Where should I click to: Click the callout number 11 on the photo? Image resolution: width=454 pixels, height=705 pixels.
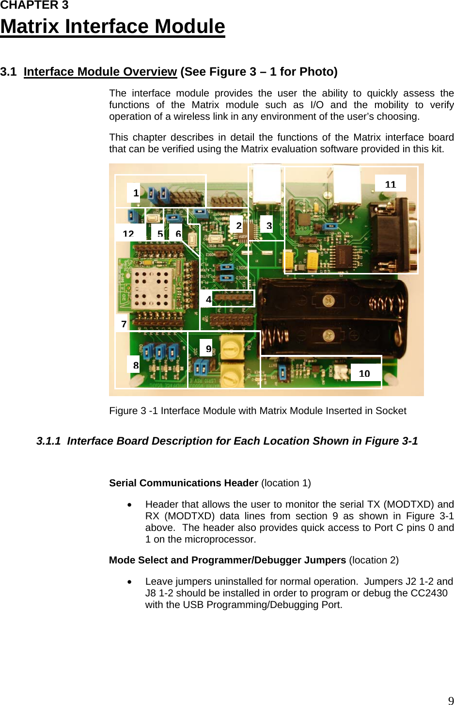coord(391,184)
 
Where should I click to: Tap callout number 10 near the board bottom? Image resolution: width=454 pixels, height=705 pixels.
coord(364,373)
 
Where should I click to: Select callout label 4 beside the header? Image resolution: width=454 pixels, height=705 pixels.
coord(208,299)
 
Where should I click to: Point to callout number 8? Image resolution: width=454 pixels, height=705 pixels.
coord(136,365)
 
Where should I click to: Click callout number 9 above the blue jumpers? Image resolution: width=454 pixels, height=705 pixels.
coord(208,348)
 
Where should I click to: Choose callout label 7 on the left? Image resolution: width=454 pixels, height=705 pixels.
coord(124,324)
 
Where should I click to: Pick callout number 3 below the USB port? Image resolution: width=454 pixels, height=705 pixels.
coord(269,225)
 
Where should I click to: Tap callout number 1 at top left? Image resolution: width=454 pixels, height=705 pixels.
coord(136,193)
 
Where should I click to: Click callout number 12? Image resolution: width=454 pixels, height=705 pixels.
coord(128,233)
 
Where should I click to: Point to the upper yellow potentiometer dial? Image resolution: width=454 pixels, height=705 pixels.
coord(231,347)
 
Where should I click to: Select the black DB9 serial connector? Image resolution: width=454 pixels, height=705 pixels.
coord(392,238)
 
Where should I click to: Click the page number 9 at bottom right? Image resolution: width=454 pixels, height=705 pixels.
coord(451,700)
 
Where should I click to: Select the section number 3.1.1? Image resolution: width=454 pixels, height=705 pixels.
coord(48,441)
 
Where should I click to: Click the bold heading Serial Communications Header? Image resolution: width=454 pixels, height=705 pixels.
coord(184,483)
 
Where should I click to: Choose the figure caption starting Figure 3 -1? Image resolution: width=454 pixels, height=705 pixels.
coord(258,411)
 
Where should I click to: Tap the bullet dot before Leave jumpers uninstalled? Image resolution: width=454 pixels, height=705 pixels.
coord(130,582)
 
